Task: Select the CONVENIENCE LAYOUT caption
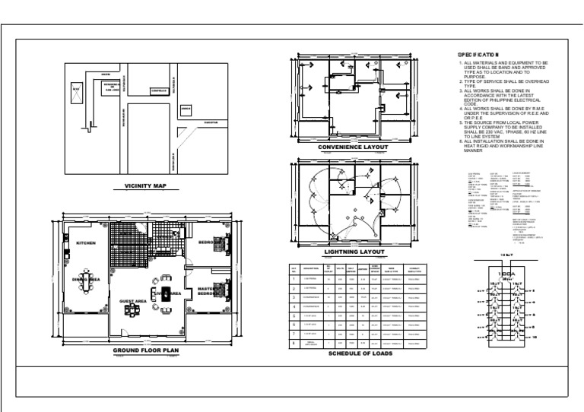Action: [x=353, y=147]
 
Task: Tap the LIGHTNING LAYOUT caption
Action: [x=353, y=252]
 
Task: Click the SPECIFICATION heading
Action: [x=477, y=55]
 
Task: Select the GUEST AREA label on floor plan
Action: [x=132, y=301]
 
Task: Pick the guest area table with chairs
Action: [x=134, y=312]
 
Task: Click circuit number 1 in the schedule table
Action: [x=294, y=280]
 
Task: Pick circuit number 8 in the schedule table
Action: [x=294, y=343]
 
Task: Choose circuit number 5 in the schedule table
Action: [x=294, y=315]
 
